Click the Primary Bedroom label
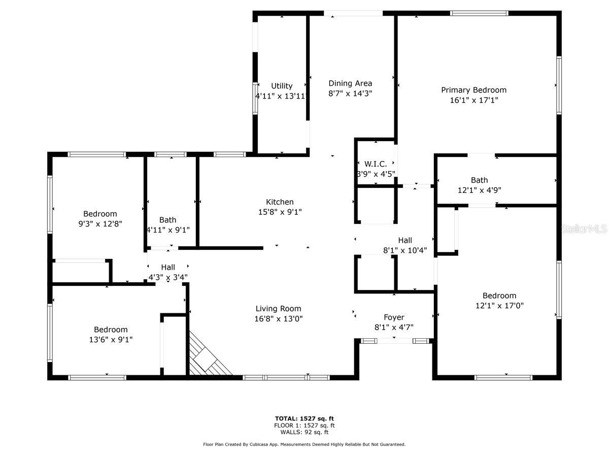[x=473, y=90]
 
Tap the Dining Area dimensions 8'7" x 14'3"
[x=350, y=93]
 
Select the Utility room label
[x=282, y=86]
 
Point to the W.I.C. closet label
[x=376, y=164]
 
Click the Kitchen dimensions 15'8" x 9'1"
[x=280, y=212]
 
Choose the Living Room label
[x=278, y=309]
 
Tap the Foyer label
[x=394, y=317]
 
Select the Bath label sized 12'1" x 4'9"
[x=479, y=180]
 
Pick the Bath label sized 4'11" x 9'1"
[x=167, y=220]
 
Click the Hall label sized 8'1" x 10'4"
[x=405, y=240]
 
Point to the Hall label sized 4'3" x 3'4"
[x=168, y=267]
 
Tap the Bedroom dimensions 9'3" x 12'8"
[x=100, y=224]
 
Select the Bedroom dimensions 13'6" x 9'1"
[x=111, y=340]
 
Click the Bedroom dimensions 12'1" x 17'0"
[x=499, y=306]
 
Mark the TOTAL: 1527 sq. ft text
[x=304, y=418]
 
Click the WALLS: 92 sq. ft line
[x=304, y=432]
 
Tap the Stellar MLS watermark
[x=584, y=229]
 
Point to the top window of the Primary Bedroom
[x=479, y=13]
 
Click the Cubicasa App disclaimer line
[x=304, y=444]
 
